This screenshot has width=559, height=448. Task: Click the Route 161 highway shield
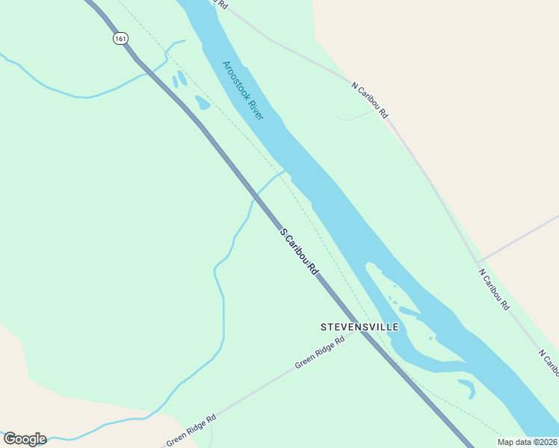pyautogui.click(x=120, y=37)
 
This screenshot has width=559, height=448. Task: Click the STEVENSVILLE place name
pyautogui.click(x=359, y=327)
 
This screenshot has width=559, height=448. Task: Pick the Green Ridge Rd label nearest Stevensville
pyautogui.click(x=319, y=352)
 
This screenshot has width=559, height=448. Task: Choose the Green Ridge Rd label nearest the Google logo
pyautogui.click(x=191, y=430)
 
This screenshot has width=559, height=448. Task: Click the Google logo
pyautogui.click(x=25, y=439)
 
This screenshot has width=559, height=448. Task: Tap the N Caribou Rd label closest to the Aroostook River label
pyautogui.click(x=370, y=100)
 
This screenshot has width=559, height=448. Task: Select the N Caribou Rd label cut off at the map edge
pyautogui.click(x=547, y=361)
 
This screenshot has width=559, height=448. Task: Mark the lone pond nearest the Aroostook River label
pyautogui.click(x=202, y=102)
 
